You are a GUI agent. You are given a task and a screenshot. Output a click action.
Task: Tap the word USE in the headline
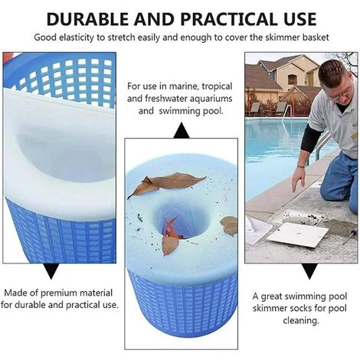pyautogui.click(x=296, y=19)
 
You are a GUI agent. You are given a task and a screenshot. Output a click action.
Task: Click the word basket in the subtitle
pyautogui.click(x=316, y=38)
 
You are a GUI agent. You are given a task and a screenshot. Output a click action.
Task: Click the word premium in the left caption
pyautogui.click(x=59, y=293)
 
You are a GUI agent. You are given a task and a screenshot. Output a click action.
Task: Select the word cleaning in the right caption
pyautogui.click(x=300, y=321)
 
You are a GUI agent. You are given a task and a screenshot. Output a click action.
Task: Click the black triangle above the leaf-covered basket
pyautogui.click(x=182, y=130)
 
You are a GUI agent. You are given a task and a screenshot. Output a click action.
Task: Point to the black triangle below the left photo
pyautogui.click(x=51, y=271)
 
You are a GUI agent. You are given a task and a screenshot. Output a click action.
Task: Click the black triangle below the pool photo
pyautogui.click(x=309, y=271)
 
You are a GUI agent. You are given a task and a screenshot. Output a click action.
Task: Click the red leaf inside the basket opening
pyautogui.click(x=172, y=228)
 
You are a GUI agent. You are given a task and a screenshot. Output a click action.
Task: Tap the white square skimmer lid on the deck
pyautogui.click(x=297, y=235)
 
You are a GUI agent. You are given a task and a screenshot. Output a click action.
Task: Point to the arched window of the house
pyautogui.click(x=293, y=79)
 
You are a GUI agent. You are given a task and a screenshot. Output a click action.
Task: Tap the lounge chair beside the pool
pyautogui.click(x=255, y=108)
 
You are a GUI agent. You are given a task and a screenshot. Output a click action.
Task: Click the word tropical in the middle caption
pyautogui.click(x=217, y=87)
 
